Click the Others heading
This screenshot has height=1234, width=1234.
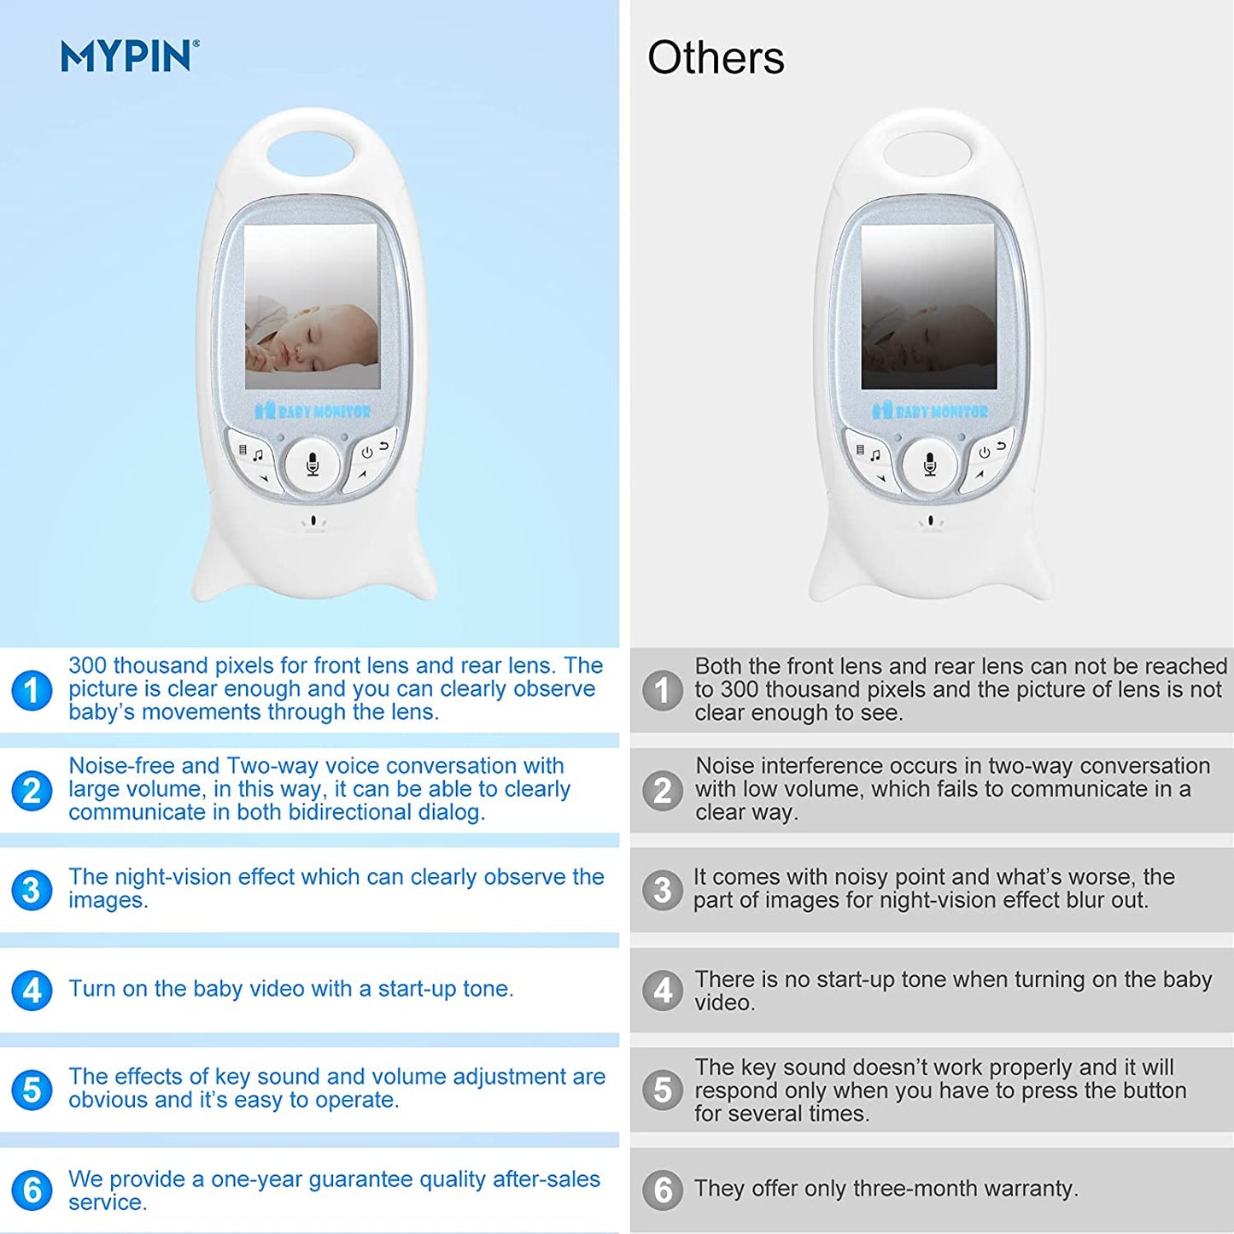[x=716, y=57]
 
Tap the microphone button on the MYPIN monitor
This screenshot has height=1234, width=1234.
[x=313, y=465]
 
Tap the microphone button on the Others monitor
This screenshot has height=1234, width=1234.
[x=930, y=465]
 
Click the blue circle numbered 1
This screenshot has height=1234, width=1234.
[x=32, y=690]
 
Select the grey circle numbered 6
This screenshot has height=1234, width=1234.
[x=663, y=1190]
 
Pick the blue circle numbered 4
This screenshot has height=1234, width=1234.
[x=32, y=990]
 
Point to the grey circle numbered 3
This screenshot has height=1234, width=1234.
[x=663, y=890]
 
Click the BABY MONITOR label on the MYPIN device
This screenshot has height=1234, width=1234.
[x=313, y=411]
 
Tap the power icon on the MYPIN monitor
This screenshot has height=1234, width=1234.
[x=367, y=453]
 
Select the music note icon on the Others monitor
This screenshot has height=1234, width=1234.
[x=875, y=455]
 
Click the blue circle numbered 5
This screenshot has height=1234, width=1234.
[x=32, y=1090]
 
